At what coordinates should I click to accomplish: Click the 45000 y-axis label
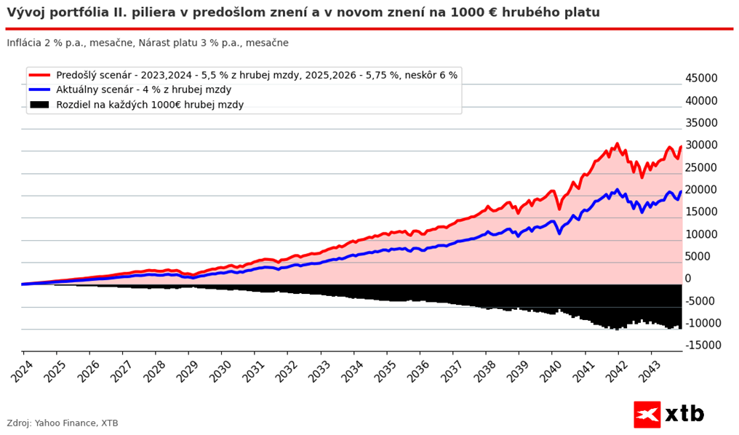[x=701, y=79]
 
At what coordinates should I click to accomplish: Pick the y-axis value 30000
[x=701, y=145]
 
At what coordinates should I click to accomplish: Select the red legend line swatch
[x=40, y=75]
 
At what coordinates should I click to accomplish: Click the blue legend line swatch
[x=40, y=89]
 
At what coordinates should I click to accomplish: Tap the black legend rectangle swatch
[x=40, y=105]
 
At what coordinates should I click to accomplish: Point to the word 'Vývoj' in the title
[x=24, y=12]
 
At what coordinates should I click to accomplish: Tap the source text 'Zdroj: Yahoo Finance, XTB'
[x=63, y=423]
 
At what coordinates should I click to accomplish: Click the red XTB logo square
[x=647, y=414]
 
